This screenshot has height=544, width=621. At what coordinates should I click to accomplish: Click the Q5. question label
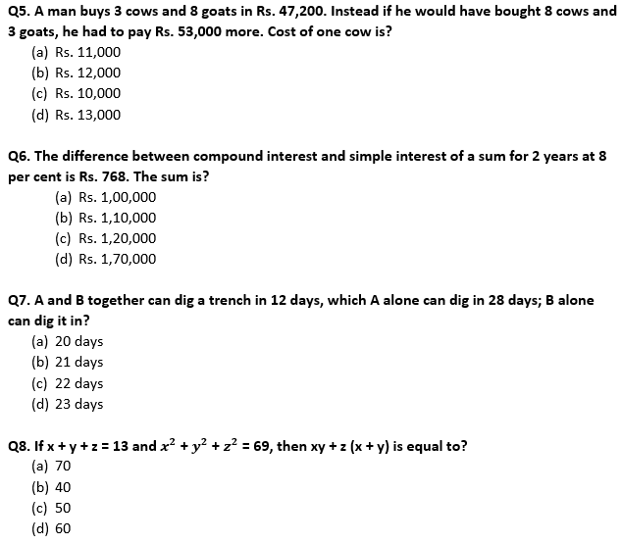(19, 11)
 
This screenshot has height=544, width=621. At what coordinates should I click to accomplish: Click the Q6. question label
(19, 156)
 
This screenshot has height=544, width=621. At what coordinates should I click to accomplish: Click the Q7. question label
(19, 300)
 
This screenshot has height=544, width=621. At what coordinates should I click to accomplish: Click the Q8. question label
(19, 446)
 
